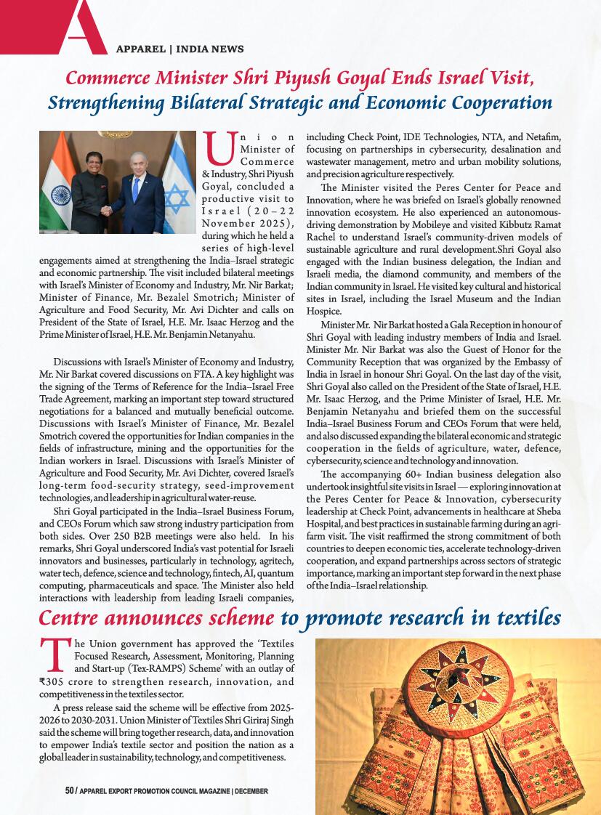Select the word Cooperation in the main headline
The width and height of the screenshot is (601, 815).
[502, 102]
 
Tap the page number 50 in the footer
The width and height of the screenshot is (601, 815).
[70, 790]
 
